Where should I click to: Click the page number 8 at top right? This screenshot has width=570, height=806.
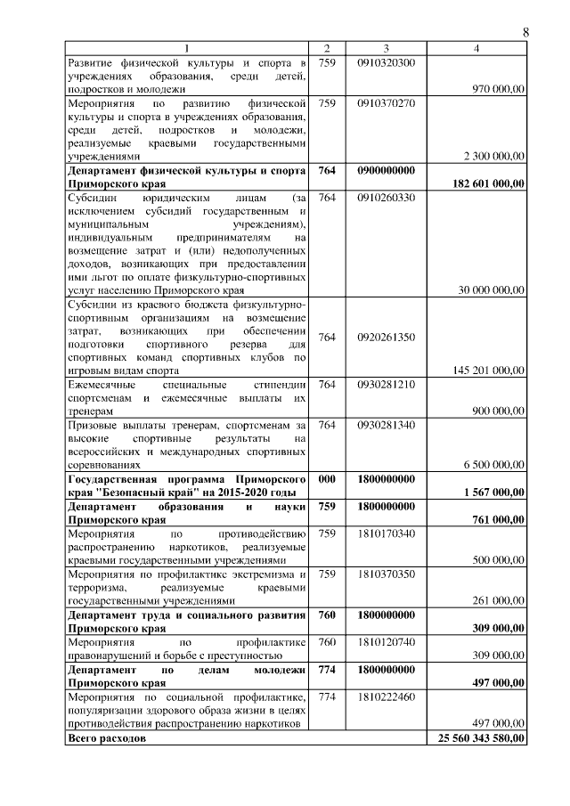click(x=525, y=32)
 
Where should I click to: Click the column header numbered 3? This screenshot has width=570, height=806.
click(x=386, y=48)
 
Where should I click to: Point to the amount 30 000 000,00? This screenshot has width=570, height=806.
click(x=489, y=289)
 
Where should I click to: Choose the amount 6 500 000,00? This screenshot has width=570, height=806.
click(x=492, y=463)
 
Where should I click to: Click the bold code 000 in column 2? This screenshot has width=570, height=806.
click(x=326, y=478)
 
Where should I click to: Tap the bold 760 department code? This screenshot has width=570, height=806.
click(x=326, y=614)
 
